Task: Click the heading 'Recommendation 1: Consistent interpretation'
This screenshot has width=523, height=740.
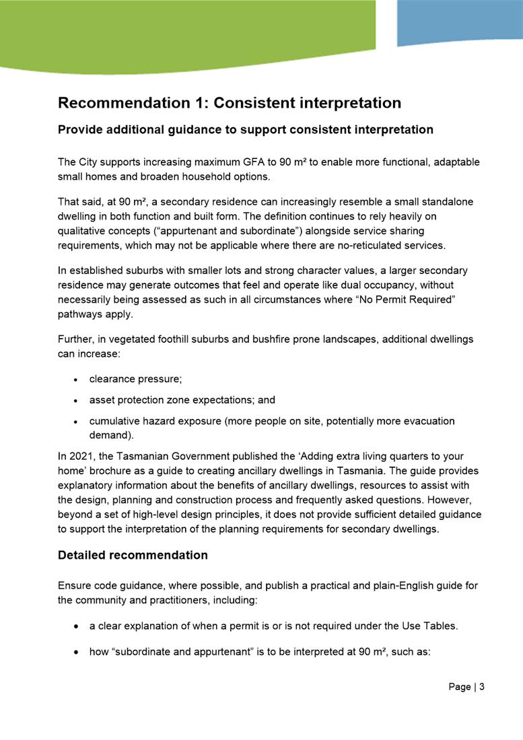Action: [x=230, y=103]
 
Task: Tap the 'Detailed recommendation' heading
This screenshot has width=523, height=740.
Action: [x=133, y=556]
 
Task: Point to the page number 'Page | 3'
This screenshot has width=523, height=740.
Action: [x=466, y=687]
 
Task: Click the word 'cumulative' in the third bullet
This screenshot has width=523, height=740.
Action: [x=114, y=422]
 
